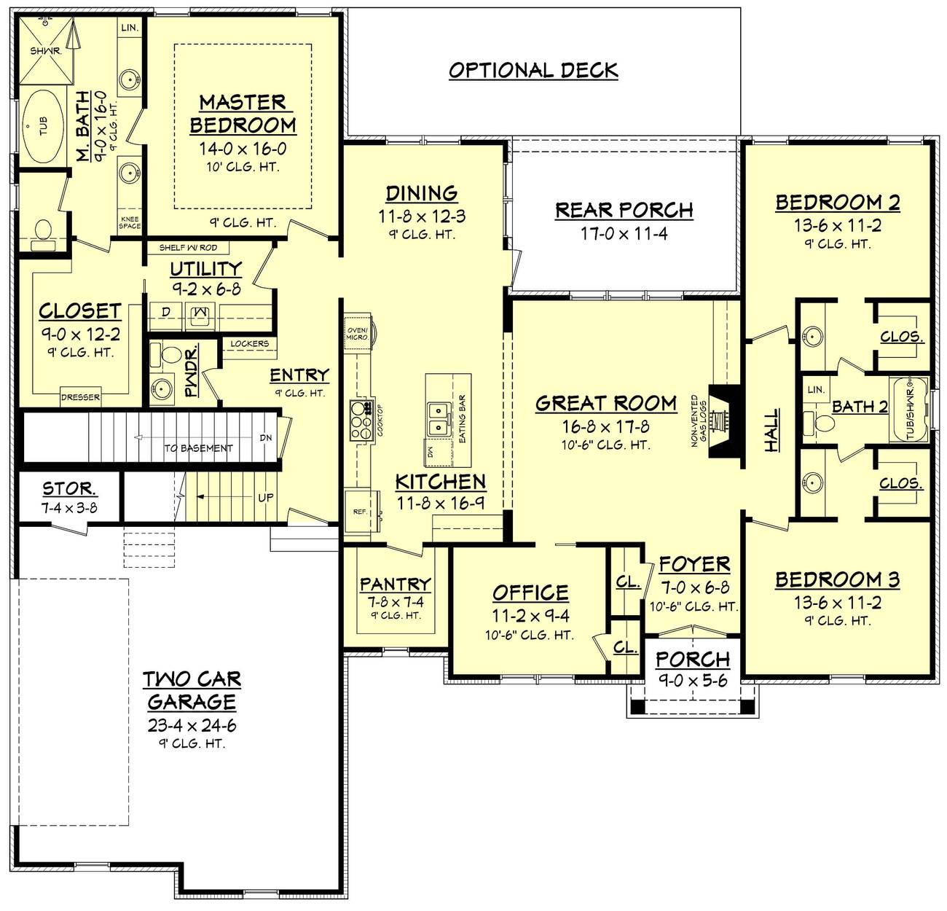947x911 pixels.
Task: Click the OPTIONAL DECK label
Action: click(x=533, y=70)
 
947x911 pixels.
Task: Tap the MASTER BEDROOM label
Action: click(x=243, y=113)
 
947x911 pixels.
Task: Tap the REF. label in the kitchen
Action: click(x=360, y=512)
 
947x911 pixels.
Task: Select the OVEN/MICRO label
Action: click(x=357, y=332)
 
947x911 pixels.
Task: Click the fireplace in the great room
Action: click(x=722, y=421)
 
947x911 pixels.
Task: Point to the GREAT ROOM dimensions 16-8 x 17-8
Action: click(x=605, y=426)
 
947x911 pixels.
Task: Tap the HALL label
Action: click(x=771, y=430)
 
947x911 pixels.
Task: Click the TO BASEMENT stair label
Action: click(x=198, y=447)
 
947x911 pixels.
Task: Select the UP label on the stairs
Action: click(x=266, y=497)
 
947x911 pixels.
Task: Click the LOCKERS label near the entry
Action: click(x=249, y=343)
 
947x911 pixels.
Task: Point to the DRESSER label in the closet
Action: click(x=81, y=397)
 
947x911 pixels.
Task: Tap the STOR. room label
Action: click(x=69, y=489)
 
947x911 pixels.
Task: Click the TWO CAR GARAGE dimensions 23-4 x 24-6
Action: click(x=192, y=726)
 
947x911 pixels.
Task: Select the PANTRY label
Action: click(x=395, y=584)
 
